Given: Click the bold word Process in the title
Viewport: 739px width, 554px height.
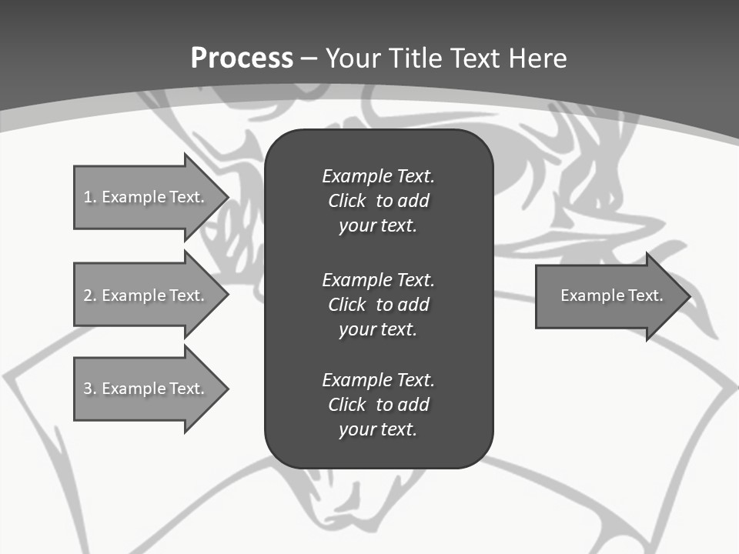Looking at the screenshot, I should coord(242,58).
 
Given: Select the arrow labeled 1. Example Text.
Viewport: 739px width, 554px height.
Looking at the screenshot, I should coord(146,197).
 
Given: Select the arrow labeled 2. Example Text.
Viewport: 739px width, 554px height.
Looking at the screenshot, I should coord(146,295).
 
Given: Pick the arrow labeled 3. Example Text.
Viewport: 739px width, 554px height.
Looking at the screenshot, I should coord(146,389).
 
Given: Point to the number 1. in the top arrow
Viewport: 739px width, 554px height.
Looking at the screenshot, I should coord(89,197).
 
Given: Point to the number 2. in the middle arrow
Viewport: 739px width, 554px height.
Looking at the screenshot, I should coord(89,295).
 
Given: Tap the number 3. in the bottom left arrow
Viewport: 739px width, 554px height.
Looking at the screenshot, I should coord(89,389).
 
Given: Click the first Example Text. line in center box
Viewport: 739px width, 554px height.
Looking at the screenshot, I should coord(378,176).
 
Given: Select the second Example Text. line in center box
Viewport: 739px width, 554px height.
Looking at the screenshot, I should coord(378,279).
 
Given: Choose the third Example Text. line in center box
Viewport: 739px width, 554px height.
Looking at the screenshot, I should coord(378,380).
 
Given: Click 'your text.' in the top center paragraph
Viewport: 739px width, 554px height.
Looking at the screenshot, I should coord(378,226).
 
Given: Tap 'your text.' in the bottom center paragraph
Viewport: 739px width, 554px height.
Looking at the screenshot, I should coord(378,429).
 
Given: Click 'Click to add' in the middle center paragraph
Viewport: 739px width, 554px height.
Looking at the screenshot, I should coord(378,305).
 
